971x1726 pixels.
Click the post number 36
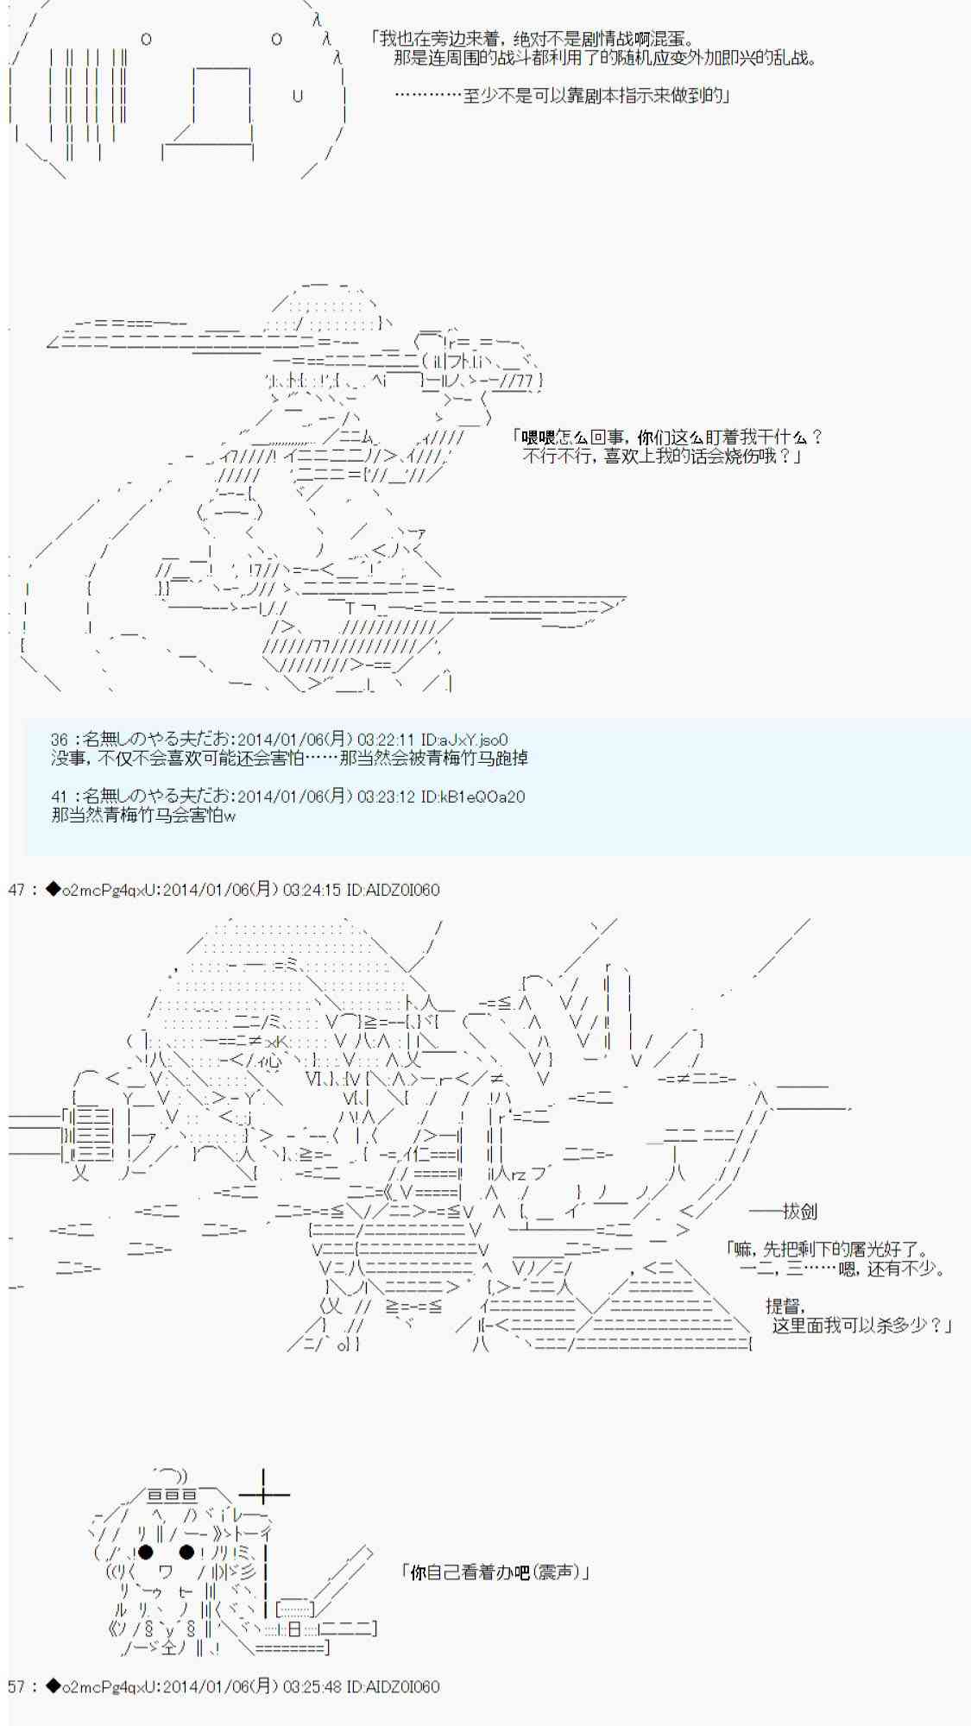point(59,740)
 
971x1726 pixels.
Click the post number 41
point(59,797)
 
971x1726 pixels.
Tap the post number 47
point(16,890)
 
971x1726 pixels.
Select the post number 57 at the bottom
point(16,1686)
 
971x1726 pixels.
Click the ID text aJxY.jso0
point(473,740)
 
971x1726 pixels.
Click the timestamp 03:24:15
point(312,890)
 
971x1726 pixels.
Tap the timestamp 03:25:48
point(312,1686)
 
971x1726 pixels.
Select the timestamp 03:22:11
point(386,740)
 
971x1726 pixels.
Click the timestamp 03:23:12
point(386,797)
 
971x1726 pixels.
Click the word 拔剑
point(800,1212)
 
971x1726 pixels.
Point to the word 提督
point(784,1307)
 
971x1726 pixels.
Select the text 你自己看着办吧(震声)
point(495,1572)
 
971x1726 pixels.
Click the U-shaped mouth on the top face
point(298,96)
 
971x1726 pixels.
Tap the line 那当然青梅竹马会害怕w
point(143,816)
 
